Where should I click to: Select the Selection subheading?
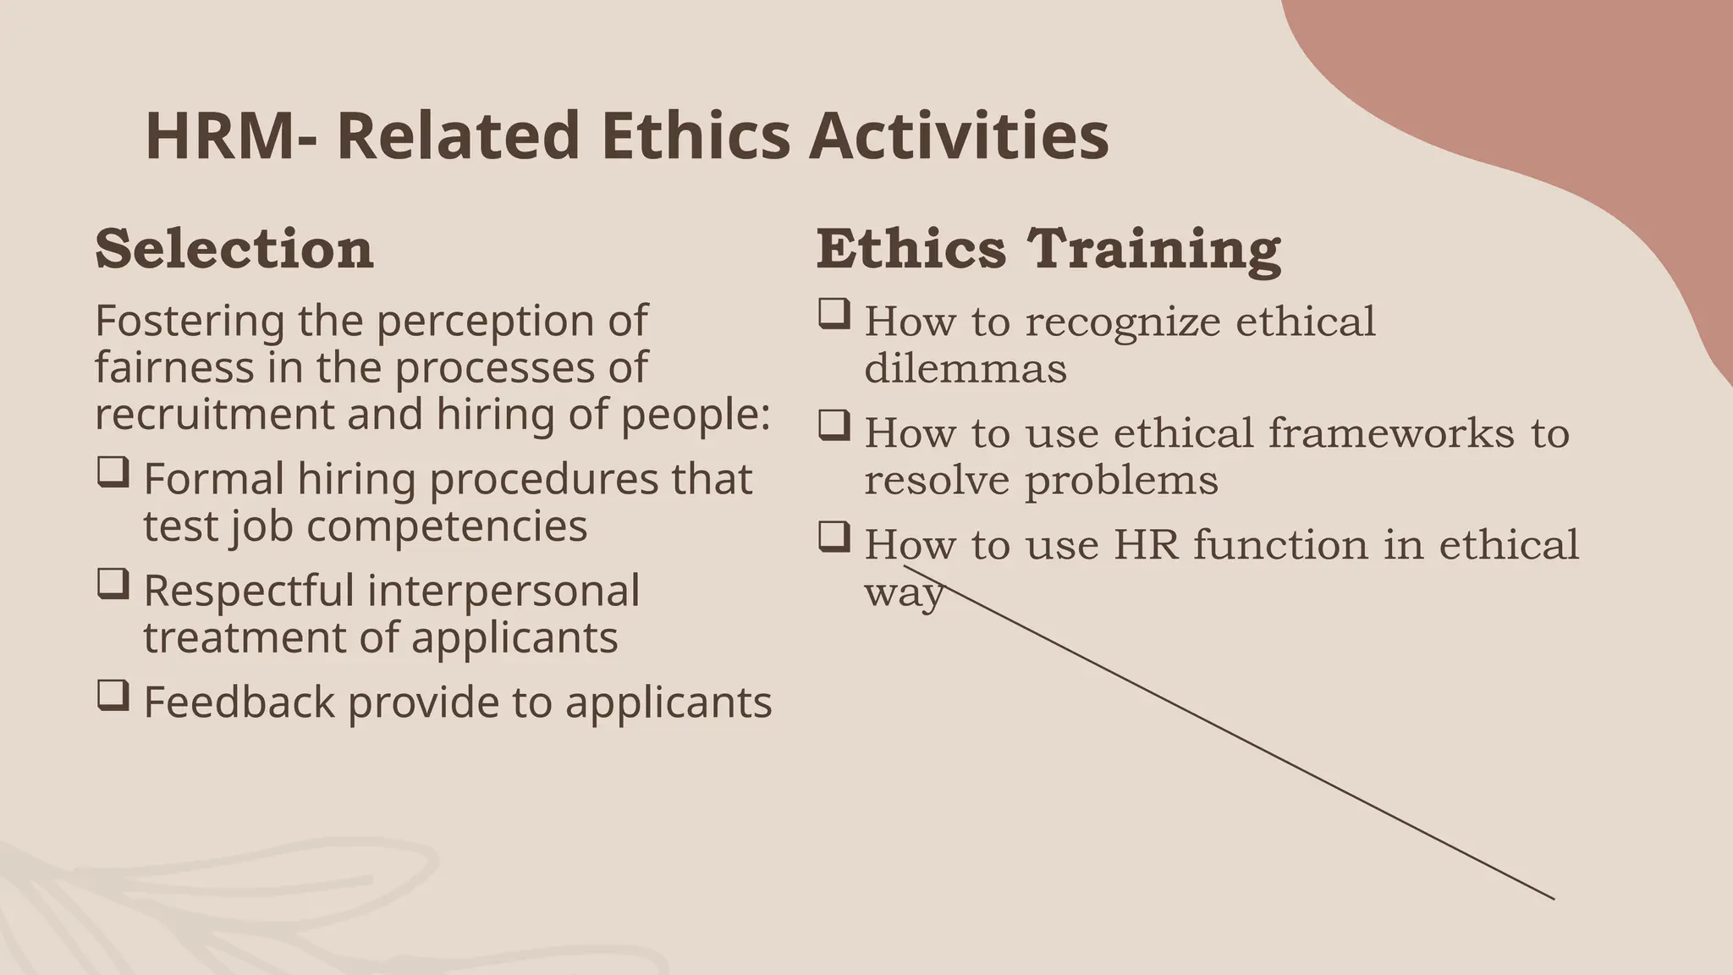tap(234, 249)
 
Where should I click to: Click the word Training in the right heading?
tap(1154, 249)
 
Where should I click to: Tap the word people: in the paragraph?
tap(696, 415)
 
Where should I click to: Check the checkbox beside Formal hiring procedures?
tap(113, 472)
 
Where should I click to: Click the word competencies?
tap(447, 526)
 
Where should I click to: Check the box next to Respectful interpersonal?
tap(113, 584)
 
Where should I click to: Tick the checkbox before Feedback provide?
tap(113, 695)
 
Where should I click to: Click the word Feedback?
tap(239, 702)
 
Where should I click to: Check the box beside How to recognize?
tap(833, 315)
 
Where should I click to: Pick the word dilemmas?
tap(966, 368)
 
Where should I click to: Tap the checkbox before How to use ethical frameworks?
tap(833, 426)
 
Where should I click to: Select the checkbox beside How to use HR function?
tap(833, 537)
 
